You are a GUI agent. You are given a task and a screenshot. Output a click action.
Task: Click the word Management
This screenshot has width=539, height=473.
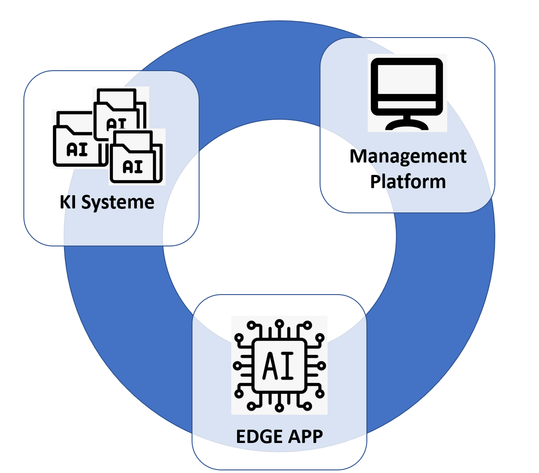tap(408, 156)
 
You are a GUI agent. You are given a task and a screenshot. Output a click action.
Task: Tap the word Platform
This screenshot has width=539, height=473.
tap(408, 182)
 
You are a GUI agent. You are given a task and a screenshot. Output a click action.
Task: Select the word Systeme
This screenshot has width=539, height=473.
tap(118, 202)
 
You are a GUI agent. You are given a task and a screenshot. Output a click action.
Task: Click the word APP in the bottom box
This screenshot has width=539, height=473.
tap(305, 436)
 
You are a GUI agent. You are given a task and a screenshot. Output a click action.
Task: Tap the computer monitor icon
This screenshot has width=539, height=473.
tap(407, 93)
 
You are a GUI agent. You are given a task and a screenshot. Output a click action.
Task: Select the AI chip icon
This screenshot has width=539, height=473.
tap(279, 365)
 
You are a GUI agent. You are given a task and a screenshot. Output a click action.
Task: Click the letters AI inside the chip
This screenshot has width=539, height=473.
tap(279, 366)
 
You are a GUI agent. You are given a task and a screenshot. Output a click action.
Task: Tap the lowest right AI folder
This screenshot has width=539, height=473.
tap(136, 159)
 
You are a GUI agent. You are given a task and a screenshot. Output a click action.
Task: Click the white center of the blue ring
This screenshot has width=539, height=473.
tap(279, 234)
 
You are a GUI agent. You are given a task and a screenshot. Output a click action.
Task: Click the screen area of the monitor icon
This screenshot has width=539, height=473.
tap(407, 79)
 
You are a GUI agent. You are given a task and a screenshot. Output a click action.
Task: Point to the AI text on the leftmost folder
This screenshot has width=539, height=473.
tap(77, 150)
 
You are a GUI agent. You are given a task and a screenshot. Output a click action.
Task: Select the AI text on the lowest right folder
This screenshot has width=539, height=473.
tap(133, 166)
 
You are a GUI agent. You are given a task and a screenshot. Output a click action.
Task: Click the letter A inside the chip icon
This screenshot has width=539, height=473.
tap(270, 366)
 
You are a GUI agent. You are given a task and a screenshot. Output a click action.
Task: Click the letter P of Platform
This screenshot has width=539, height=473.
tap(375, 182)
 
